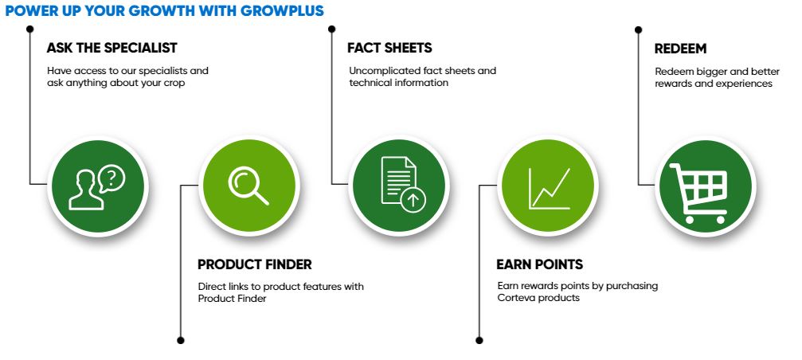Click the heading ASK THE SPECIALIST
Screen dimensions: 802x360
pos(111,48)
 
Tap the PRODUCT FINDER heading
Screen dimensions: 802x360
pos(255,264)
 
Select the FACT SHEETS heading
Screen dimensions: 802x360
pos(389,48)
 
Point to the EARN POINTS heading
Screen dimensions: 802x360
pos(540,264)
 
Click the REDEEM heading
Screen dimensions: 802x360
pos(680,49)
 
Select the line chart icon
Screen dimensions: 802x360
pos(550,189)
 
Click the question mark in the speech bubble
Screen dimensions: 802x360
pos(114,178)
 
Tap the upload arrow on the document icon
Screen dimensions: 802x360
pos(413,201)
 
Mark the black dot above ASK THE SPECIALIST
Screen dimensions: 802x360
pos(29,29)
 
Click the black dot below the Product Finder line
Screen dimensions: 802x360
pos(180,340)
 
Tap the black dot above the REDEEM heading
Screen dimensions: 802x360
pos(638,29)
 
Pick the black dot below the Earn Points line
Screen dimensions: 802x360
pos(479,340)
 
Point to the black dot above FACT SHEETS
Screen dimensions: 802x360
pos(331,29)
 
